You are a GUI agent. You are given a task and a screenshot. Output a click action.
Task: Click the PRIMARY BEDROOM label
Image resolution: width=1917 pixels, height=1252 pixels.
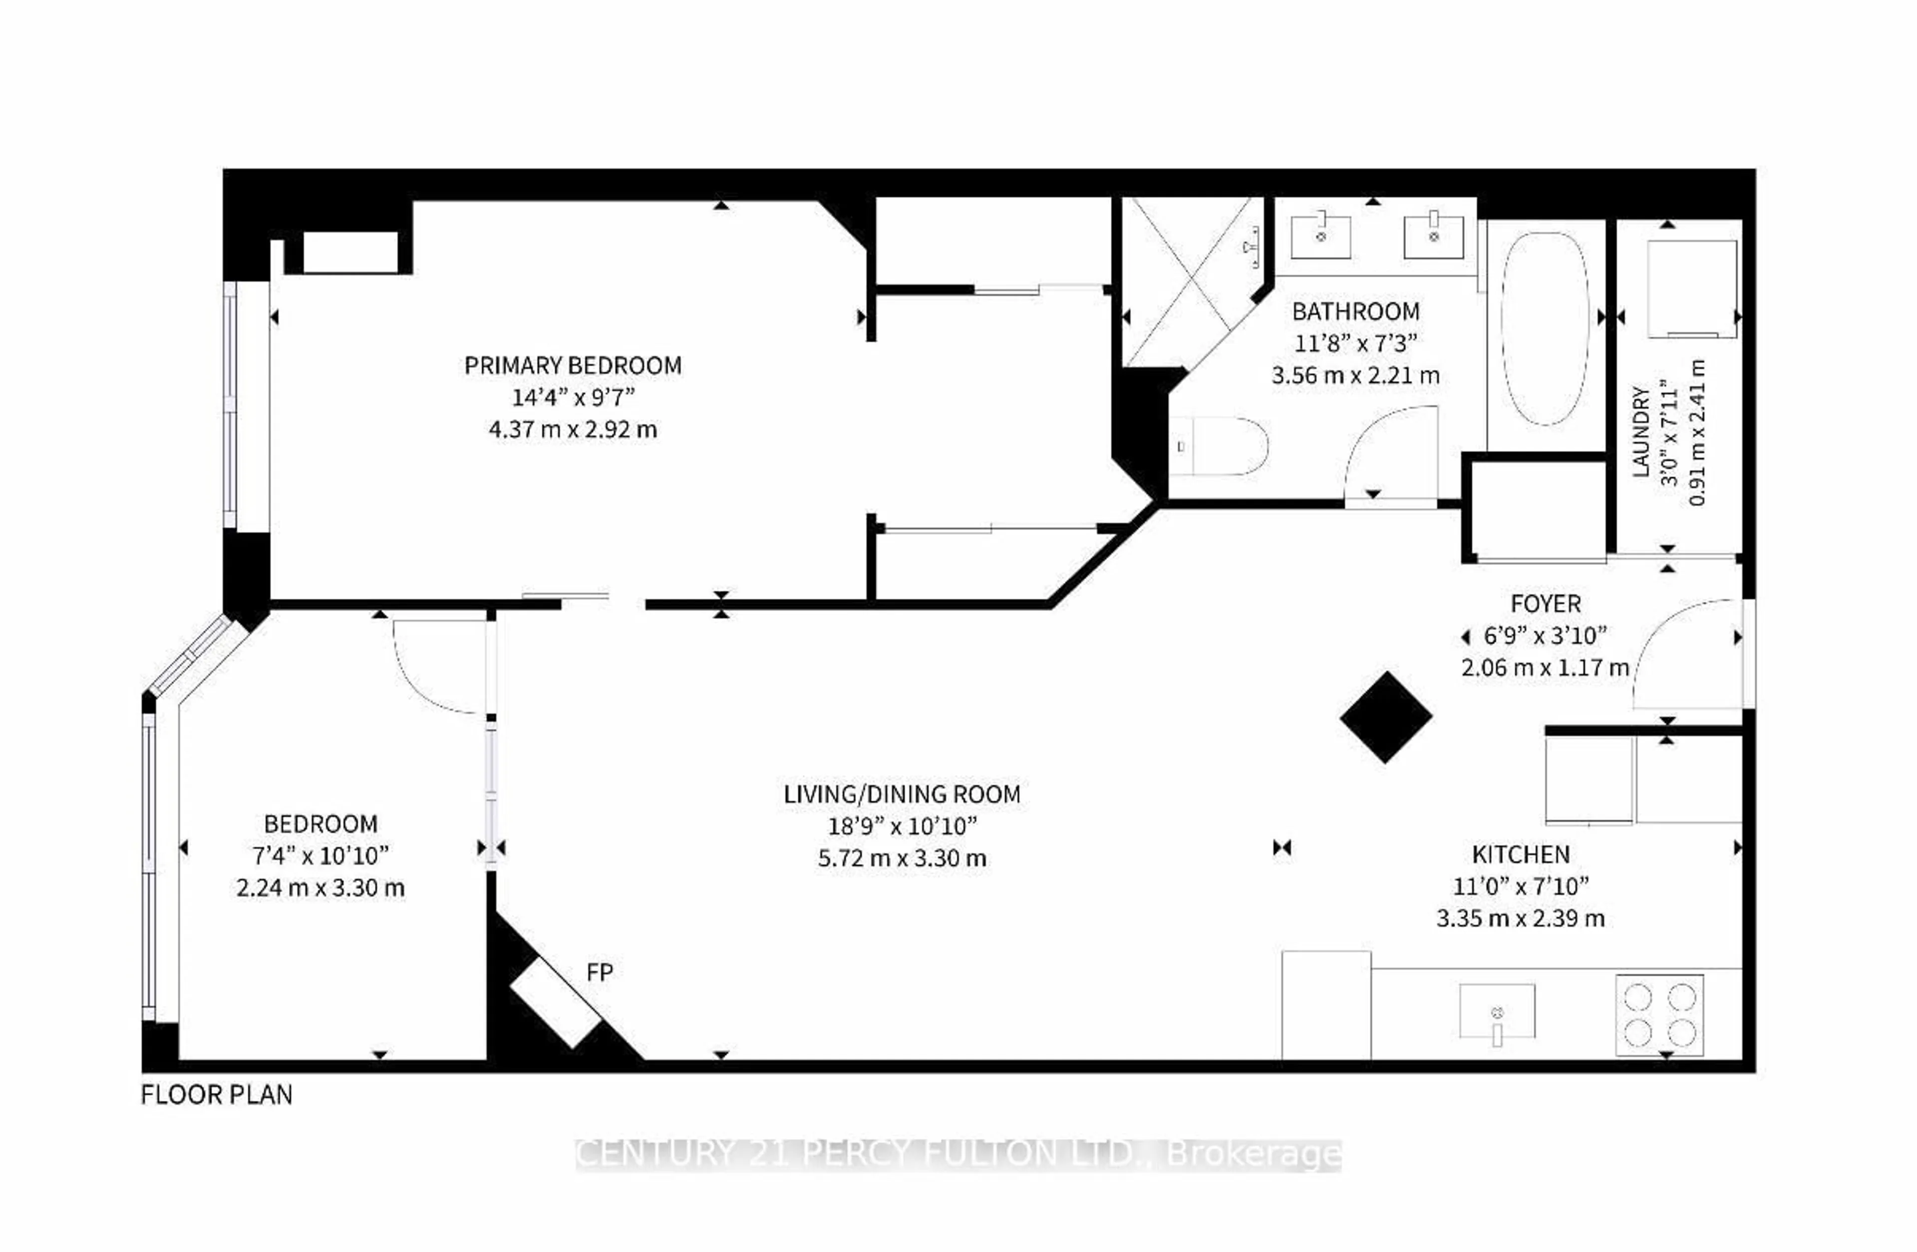[573, 366]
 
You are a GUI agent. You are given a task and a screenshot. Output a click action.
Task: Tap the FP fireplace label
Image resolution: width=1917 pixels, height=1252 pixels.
[599, 973]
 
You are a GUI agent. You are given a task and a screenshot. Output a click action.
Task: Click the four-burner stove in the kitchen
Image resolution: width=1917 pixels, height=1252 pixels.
[1659, 1014]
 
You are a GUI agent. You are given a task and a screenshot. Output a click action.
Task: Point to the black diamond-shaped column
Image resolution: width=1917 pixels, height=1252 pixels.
[1385, 717]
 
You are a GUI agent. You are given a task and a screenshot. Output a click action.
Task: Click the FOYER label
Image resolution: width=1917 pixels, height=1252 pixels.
[1545, 603]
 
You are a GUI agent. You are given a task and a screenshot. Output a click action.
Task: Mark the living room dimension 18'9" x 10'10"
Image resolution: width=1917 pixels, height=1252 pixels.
[902, 826]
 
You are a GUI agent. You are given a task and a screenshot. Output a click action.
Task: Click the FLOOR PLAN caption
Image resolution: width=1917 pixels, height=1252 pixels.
[216, 1095]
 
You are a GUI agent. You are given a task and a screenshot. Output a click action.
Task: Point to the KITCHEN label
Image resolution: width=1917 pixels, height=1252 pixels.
[1521, 854]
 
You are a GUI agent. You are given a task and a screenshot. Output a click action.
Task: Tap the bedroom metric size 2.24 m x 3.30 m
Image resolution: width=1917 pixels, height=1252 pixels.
[320, 888]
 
